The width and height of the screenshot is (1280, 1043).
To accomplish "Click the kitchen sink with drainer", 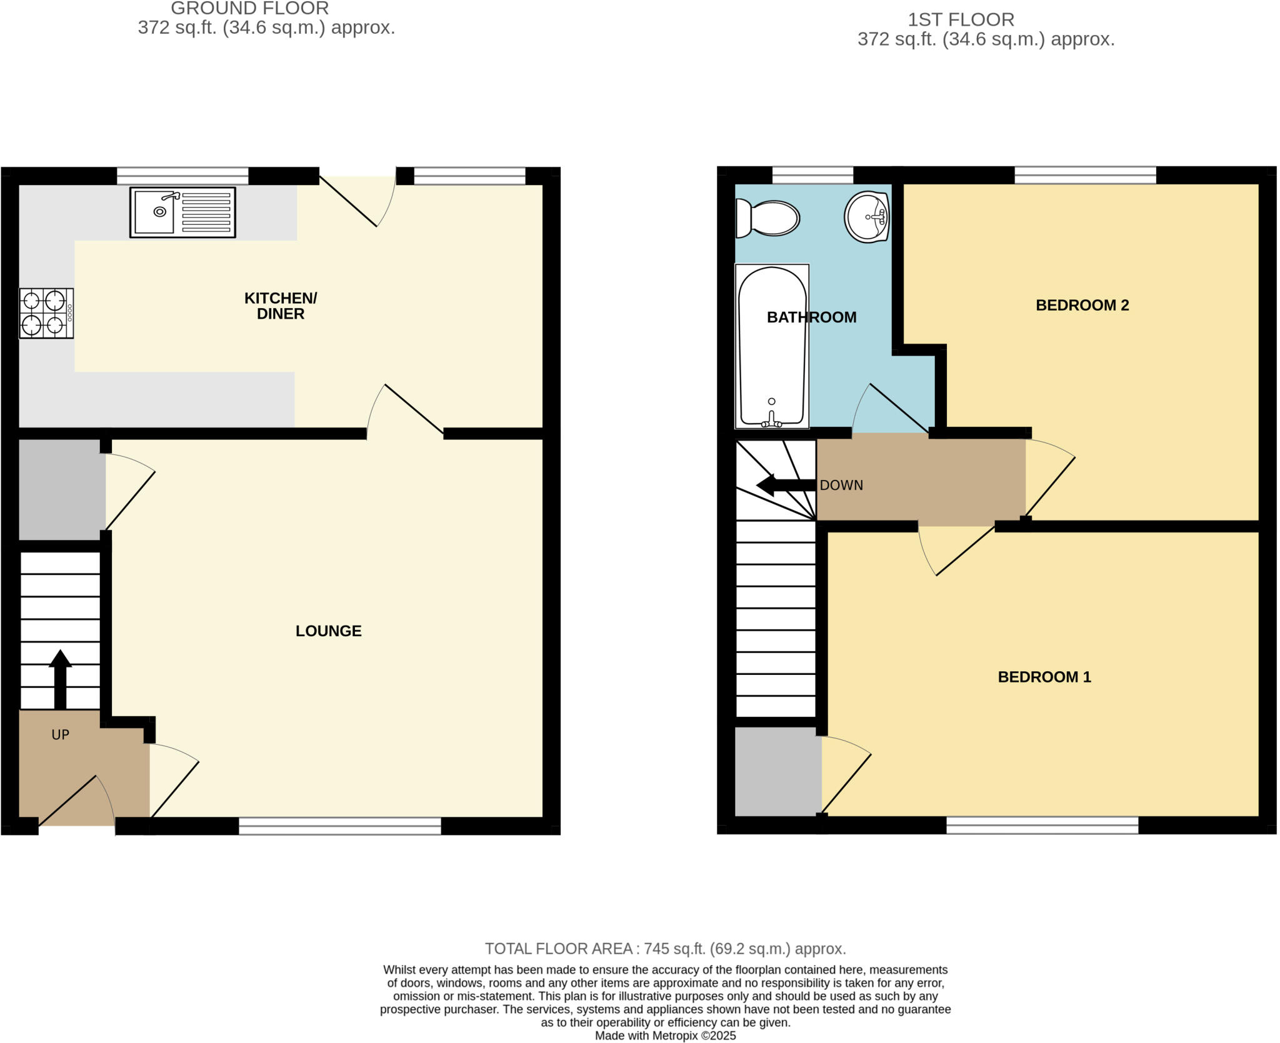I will point(182,212).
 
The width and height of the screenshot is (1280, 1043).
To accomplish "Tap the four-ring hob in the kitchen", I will point(46,313).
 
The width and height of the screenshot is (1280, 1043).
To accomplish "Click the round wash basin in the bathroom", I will point(867,217).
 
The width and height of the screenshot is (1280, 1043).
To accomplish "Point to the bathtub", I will point(772,346).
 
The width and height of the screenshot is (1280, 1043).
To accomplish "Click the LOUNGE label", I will point(328,631).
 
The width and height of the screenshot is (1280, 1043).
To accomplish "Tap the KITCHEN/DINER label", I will point(281,306).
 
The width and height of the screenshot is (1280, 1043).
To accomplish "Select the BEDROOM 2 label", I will point(1082,305).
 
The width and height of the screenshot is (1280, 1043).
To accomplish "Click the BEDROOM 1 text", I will point(1044,677).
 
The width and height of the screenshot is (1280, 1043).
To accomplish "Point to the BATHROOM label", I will point(811,317).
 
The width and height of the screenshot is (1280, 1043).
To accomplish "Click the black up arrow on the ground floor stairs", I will point(60,679).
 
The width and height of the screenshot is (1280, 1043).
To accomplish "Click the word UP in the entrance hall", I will point(60,735).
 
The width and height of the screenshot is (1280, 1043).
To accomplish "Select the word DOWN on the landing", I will point(841,486).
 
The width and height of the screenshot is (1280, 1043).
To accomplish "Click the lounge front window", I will point(339,826).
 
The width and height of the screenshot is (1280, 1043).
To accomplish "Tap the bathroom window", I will point(812,175).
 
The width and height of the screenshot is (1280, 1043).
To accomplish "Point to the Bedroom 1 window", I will point(1042,826).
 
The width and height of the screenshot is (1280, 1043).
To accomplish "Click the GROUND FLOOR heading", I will point(249,9).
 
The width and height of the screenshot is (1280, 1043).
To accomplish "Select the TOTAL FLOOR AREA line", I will point(665,949).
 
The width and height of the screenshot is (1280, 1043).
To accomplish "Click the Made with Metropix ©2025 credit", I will point(665,1036).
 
